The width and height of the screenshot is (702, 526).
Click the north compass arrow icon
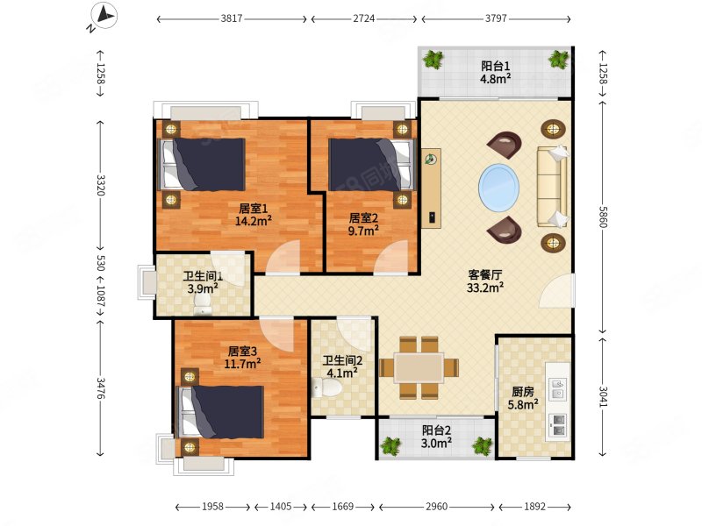click(x=104, y=17)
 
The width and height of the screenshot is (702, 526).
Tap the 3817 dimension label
click(x=232, y=18)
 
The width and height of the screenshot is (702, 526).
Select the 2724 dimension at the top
click(x=363, y=18)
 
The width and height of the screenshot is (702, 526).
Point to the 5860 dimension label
click(x=603, y=217)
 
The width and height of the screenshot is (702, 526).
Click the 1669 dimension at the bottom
click(x=342, y=507)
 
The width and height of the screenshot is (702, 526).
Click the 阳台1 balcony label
click(x=495, y=67)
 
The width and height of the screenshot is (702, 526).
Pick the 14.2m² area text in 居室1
click(x=254, y=220)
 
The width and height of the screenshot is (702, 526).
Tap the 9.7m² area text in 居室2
click(x=363, y=231)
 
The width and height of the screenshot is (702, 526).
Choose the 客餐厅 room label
click(x=485, y=274)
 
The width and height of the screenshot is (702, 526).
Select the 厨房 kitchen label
click(x=523, y=392)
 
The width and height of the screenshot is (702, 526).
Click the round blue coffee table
click(x=498, y=188)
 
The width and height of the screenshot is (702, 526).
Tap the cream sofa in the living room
click(x=553, y=186)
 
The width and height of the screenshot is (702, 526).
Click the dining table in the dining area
click(x=419, y=368)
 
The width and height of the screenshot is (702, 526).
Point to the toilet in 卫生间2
click(x=326, y=387)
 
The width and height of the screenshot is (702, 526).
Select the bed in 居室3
click(x=221, y=412)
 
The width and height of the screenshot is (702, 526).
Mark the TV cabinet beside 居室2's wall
click(x=431, y=188)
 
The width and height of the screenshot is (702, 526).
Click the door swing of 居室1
click(x=283, y=257)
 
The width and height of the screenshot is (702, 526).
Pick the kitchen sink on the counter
click(x=558, y=389)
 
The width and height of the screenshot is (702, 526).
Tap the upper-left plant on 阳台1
click(x=433, y=59)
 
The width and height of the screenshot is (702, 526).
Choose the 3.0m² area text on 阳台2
click(x=436, y=443)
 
